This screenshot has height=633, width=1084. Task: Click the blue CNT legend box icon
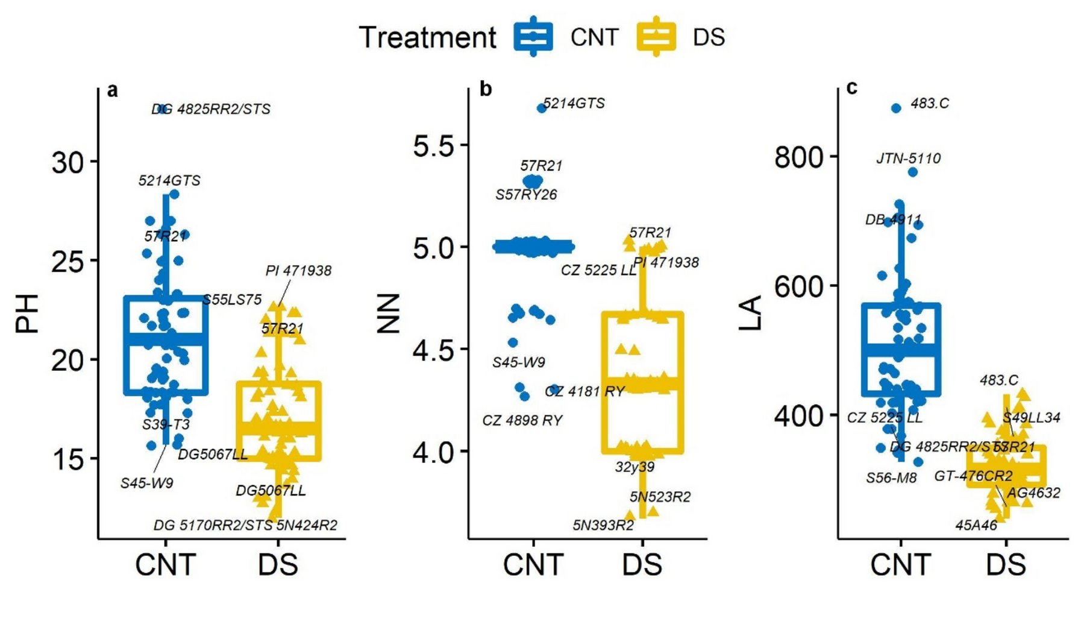click(x=533, y=37)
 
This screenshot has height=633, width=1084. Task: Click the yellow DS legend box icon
click(x=656, y=37)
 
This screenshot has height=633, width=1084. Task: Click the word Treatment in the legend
click(x=427, y=37)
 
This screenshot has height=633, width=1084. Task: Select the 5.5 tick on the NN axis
click(x=433, y=145)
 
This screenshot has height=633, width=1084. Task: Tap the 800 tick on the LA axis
click(x=798, y=157)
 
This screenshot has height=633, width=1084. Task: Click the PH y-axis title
click(x=27, y=313)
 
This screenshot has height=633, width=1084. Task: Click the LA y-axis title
click(x=750, y=313)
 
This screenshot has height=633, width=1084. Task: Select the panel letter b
click(x=486, y=89)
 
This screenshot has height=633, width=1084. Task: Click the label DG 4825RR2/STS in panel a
click(x=211, y=109)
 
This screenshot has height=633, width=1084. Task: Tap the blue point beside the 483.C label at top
click(x=896, y=108)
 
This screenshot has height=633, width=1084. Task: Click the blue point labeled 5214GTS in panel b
click(x=541, y=108)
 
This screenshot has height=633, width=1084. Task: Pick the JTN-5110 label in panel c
click(x=908, y=159)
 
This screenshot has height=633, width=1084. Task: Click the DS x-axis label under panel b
click(x=642, y=565)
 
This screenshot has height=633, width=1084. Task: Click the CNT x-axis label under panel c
click(x=900, y=565)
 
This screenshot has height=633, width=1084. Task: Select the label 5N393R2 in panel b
click(x=603, y=526)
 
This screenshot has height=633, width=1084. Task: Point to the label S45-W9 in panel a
click(x=146, y=483)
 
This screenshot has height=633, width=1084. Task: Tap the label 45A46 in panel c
click(x=976, y=525)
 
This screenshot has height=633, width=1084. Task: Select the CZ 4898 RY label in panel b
click(x=522, y=420)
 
